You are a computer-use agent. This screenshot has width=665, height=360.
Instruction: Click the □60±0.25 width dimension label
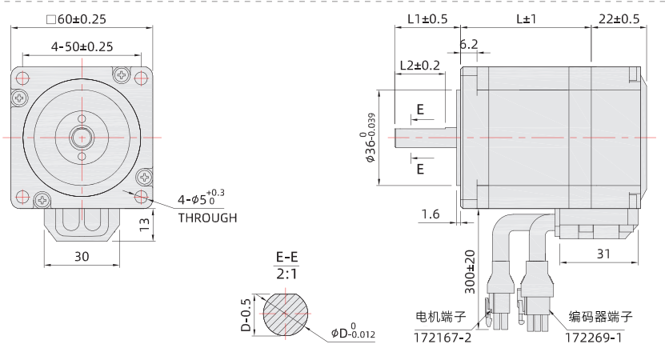tap(77, 18)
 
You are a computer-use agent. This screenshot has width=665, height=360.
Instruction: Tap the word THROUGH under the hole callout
tap(207, 218)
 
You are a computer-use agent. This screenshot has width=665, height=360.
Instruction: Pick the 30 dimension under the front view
tap(82, 257)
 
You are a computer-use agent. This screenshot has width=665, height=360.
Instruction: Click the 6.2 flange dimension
tap(469, 44)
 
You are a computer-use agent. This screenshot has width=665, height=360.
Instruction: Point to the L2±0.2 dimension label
tap(420, 66)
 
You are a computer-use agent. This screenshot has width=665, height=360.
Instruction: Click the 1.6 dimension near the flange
tap(430, 214)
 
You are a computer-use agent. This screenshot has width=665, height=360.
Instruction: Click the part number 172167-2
tap(443, 337)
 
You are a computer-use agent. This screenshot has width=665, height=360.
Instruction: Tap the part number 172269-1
tap(594, 337)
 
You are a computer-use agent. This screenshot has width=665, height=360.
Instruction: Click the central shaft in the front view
tap(82, 137)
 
